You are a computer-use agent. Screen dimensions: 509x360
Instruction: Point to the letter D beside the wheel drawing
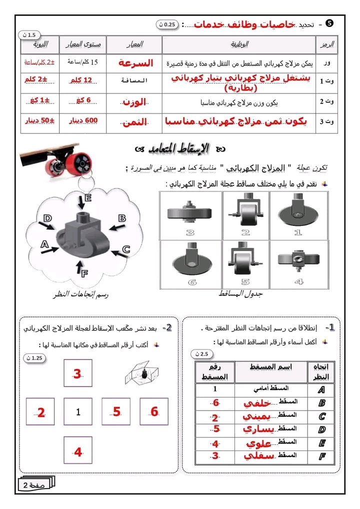tap(47, 218)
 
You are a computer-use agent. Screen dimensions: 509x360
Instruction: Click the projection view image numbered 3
tap(190, 215)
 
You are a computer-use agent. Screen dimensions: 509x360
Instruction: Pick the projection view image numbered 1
tap(298, 215)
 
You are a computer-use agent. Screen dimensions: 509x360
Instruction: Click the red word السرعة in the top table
tap(134, 63)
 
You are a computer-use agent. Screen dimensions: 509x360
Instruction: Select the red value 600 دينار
tap(83, 121)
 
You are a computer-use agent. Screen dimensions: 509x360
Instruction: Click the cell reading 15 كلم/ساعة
tap(83, 63)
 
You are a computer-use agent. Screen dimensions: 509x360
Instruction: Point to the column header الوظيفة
tap(240, 44)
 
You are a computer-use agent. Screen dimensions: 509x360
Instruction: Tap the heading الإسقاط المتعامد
tap(181, 148)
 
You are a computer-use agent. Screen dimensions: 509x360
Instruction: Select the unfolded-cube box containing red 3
tap(77, 374)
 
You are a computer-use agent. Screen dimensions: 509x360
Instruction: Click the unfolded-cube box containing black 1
tap(78, 412)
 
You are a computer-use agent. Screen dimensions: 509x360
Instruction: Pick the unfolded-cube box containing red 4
tap(78, 451)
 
